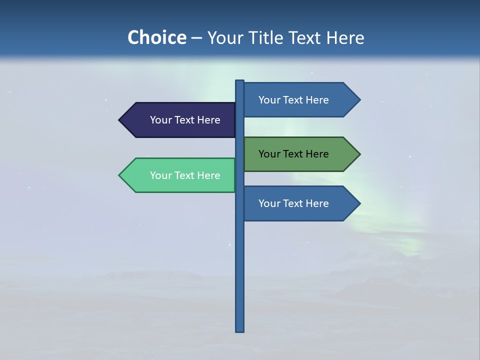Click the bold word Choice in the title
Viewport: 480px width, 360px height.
157,37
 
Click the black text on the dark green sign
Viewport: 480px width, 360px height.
293,154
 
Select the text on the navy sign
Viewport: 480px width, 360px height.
185,120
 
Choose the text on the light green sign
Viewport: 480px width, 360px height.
185,175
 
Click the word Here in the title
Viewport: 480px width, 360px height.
345,37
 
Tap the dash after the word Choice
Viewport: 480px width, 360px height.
196,38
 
